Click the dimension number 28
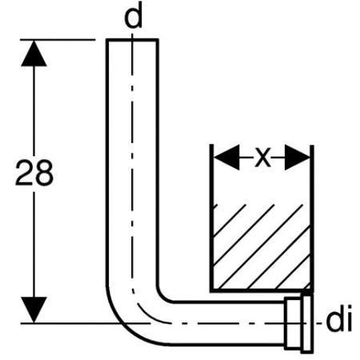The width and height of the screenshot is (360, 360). (x=34, y=173)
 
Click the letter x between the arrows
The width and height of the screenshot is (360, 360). (x=262, y=158)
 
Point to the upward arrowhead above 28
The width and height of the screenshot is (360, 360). (x=34, y=54)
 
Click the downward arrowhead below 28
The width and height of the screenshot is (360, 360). (x=34, y=310)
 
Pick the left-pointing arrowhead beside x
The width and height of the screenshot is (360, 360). (x=226, y=158)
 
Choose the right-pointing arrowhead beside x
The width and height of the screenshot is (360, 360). (x=298, y=158)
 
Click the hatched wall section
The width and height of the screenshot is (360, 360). (x=262, y=246)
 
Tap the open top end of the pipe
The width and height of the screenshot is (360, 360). (x=133, y=40)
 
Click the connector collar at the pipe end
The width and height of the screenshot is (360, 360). (x=294, y=323)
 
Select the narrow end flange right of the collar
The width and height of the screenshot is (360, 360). (x=307, y=324)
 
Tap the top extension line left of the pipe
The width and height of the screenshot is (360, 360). (x=58, y=40)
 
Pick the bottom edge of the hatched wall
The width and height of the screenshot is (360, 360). (x=262, y=290)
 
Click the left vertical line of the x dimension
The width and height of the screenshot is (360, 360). (x=211, y=218)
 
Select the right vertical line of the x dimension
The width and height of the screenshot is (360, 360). (x=312, y=218)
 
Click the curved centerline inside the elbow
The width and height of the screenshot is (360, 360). (x=146, y=311)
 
